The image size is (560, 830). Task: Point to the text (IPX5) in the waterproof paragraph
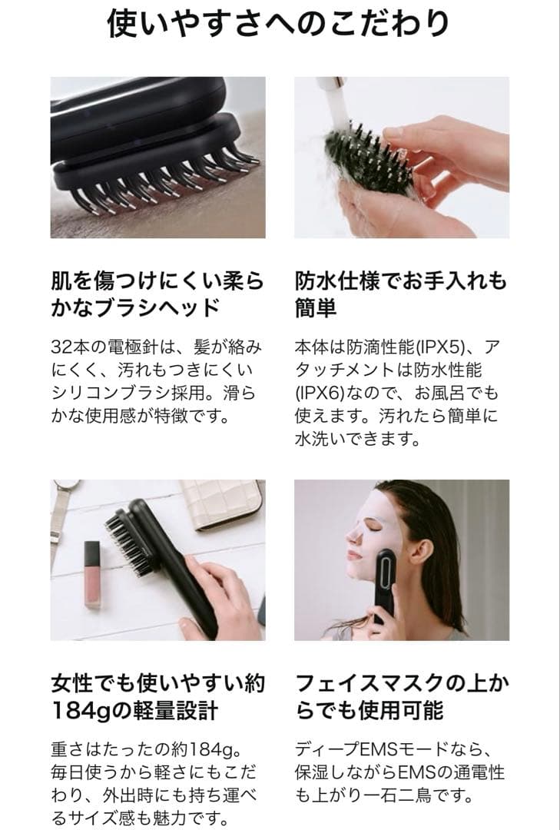(x=441, y=347)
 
